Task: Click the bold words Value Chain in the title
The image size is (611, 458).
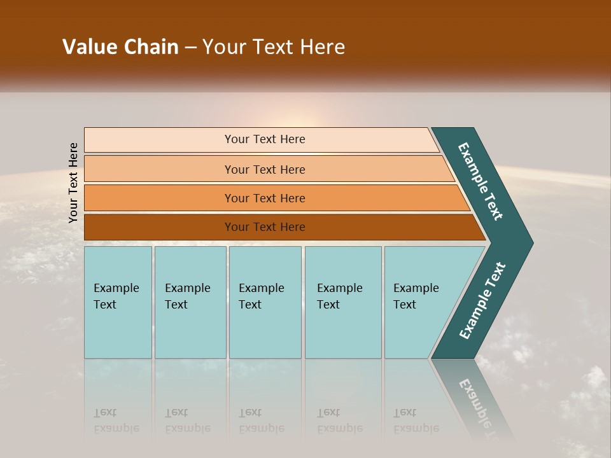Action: click(120, 47)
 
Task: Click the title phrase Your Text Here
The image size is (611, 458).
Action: click(274, 47)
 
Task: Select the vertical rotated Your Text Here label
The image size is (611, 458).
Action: click(73, 183)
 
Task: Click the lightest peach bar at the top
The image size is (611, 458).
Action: click(159, 140)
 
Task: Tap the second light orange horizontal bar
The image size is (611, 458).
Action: click(159, 169)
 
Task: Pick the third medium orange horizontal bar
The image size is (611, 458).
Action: click(159, 198)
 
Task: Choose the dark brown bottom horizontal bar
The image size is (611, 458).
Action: click(159, 227)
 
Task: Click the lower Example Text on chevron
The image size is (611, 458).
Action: click(482, 301)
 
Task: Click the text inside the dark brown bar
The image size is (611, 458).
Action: click(265, 227)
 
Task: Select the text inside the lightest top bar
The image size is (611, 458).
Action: click(265, 139)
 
